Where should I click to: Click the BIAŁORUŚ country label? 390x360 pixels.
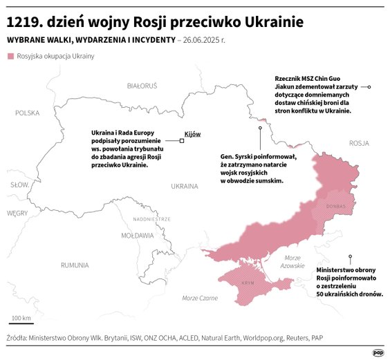pyautogui.click(x=142, y=86)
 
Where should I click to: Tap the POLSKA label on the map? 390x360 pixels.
pyautogui.click(x=28, y=113)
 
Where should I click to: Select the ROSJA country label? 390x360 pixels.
pyautogui.click(x=360, y=143)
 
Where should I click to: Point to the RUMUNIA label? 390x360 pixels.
pyautogui.click(x=74, y=265)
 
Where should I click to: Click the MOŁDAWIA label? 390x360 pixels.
pyautogui.click(x=138, y=236)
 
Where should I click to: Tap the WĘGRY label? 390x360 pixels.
pyautogui.click(x=17, y=214)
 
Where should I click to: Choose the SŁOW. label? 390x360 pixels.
pyautogui.click(x=19, y=185)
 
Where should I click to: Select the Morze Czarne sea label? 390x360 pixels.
pyautogui.click(x=200, y=298)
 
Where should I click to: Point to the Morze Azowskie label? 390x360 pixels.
pyautogui.click(x=292, y=262)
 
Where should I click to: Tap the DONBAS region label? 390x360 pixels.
pyautogui.click(x=335, y=206)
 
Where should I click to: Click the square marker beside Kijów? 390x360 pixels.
pyautogui.click(x=182, y=140)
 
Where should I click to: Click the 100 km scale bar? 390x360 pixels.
pyautogui.click(x=21, y=323)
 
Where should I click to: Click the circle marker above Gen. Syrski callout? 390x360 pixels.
pyautogui.click(x=260, y=128)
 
